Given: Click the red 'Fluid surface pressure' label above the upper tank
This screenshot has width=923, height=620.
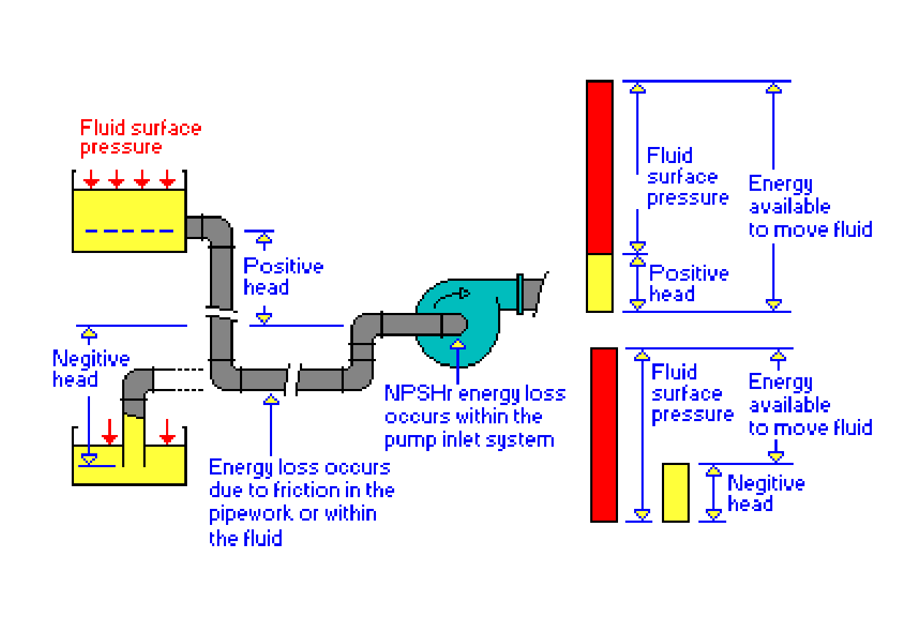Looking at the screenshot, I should [140, 137].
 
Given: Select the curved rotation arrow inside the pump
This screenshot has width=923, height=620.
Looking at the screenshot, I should [454, 295].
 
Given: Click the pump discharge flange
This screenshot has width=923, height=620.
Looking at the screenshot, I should [520, 293].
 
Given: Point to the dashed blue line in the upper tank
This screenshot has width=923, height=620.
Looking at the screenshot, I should [129, 231].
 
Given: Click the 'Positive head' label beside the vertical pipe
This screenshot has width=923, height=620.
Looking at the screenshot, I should [283, 276].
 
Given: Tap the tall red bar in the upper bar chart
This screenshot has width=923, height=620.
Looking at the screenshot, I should [599, 167].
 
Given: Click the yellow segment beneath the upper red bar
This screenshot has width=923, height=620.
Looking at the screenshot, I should [599, 282].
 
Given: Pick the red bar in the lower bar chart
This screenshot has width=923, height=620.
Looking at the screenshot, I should [603, 434].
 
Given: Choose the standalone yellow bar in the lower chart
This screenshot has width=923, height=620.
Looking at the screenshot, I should [675, 492].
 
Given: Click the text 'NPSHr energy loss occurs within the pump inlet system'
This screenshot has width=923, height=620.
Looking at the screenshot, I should [475, 417].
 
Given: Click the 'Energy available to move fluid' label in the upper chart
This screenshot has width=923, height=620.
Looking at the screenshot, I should [810, 207].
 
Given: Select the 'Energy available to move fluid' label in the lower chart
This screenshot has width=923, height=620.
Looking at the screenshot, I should [810, 405].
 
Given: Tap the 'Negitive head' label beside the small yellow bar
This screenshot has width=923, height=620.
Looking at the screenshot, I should [765, 494].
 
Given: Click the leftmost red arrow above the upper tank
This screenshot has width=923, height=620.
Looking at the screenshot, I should [90, 178].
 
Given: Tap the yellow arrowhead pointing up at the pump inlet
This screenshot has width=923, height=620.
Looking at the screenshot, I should [457, 342].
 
